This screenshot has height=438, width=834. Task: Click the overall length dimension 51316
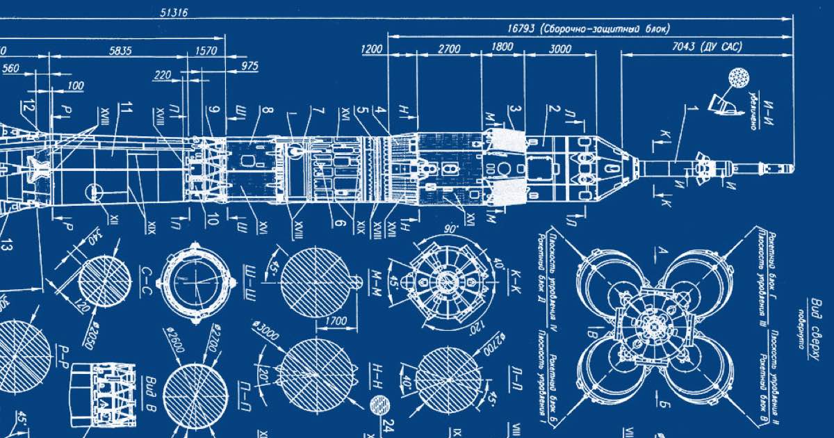[174, 13]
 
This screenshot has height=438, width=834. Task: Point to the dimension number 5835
[120, 51]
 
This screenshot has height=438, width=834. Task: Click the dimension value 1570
[207, 51]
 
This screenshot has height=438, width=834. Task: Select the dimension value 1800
[502, 49]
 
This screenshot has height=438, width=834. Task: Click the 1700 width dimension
[336, 322]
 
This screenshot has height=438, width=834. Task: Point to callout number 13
[7, 244]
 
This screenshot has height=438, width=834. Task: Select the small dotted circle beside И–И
[736, 77]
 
